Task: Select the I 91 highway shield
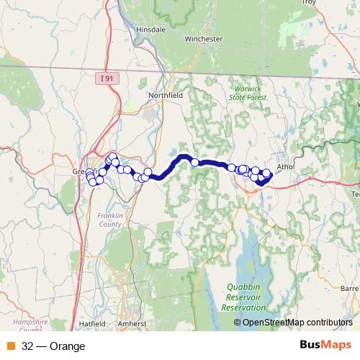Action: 107,78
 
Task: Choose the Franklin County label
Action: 109,219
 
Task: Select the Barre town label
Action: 350,287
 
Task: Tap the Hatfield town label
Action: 93,325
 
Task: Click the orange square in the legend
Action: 11,346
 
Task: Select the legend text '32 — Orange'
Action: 53,346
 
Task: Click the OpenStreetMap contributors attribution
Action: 297,323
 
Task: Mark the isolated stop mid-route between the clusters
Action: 194,163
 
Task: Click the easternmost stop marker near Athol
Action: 267,172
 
